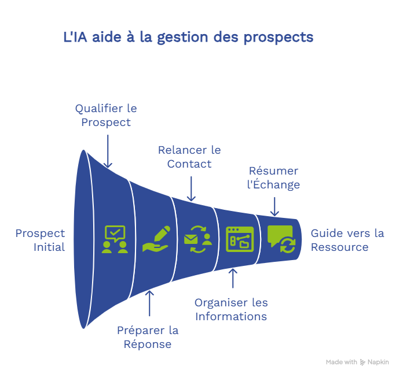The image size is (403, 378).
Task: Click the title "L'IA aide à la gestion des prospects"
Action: [188, 38]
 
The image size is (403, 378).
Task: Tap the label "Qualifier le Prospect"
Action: [106, 115]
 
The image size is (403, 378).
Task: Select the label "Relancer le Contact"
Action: [189, 157]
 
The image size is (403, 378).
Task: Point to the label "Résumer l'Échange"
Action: [274, 177]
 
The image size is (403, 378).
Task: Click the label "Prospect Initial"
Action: [41, 240]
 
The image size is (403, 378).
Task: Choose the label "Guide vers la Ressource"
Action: [347, 240]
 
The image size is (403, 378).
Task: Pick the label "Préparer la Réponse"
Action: [148, 337]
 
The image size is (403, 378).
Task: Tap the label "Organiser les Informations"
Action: [231, 309]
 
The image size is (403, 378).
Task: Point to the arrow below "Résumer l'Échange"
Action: [274, 205]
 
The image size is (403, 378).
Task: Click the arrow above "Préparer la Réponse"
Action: [149, 302]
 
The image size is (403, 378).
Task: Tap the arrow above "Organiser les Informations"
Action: [233, 278]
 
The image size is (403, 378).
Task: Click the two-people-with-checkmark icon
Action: [115, 239]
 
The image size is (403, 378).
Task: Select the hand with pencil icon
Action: [156, 239]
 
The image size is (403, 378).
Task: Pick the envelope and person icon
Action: [197, 239]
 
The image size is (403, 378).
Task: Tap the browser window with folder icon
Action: [240, 239]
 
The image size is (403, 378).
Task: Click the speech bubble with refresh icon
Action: [281, 239]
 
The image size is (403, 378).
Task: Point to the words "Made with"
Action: [341, 362]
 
